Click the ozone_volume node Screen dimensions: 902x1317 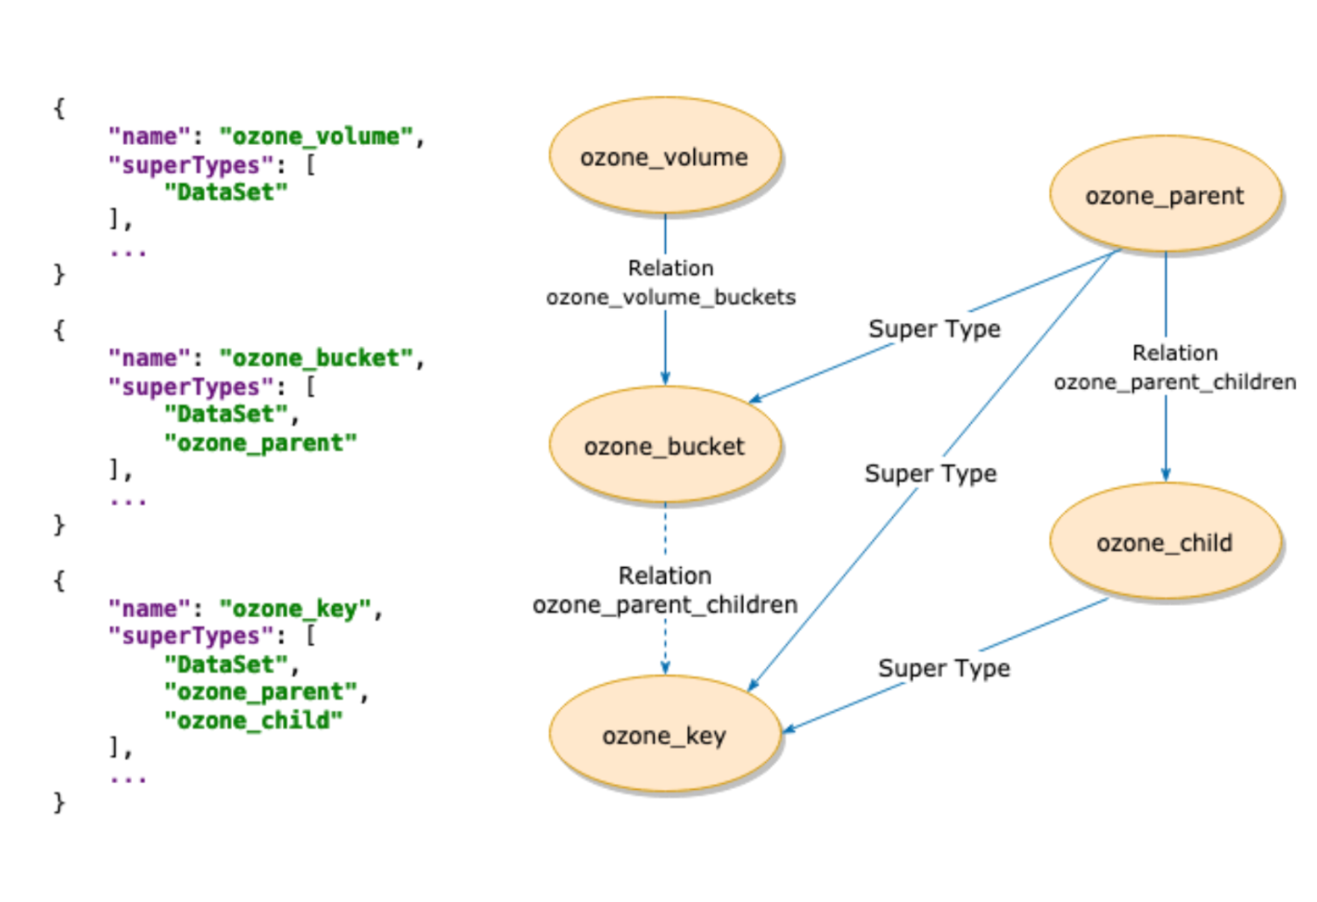(x=664, y=157)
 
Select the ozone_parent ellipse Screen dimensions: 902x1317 (x=1165, y=196)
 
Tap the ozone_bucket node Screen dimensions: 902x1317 (x=664, y=446)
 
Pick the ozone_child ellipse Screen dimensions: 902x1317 (x=1165, y=543)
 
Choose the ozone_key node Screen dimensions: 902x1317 (x=664, y=736)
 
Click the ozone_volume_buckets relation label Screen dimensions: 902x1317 (x=671, y=297)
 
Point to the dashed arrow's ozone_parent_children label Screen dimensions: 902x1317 (x=665, y=605)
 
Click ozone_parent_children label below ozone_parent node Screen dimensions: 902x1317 (x=1174, y=382)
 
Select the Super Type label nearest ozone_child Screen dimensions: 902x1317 (x=944, y=668)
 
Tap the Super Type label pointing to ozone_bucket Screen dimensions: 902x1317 (x=934, y=329)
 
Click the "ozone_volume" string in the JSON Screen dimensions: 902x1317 (x=315, y=136)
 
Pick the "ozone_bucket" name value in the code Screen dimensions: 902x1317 (x=315, y=358)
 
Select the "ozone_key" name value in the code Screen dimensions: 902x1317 (x=295, y=609)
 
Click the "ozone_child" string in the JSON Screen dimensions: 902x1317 (x=253, y=720)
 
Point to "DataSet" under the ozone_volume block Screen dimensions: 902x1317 (x=225, y=192)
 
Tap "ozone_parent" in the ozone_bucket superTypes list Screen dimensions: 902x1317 (x=260, y=443)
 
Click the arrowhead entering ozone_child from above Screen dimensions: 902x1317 (x=1166, y=474)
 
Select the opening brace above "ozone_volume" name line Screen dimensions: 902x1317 (x=59, y=109)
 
